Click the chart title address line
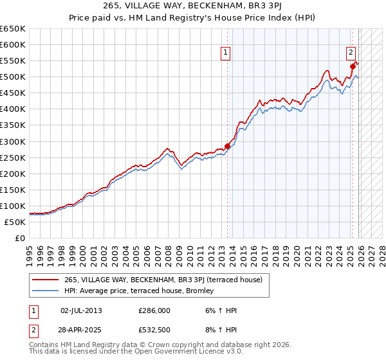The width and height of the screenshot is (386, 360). click(192, 6)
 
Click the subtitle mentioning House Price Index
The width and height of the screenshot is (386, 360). click(192, 17)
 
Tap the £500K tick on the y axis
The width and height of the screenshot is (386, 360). click(13, 77)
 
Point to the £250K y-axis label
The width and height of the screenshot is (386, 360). click(13, 157)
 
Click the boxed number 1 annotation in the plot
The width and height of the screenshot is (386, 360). click(227, 53)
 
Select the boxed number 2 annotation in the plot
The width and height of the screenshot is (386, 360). click(351, 53)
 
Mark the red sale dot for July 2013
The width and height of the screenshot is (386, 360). click(228, 146)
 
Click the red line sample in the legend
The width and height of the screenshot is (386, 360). click(46, 280)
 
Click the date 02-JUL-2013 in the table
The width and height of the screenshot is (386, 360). click(81, 310)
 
